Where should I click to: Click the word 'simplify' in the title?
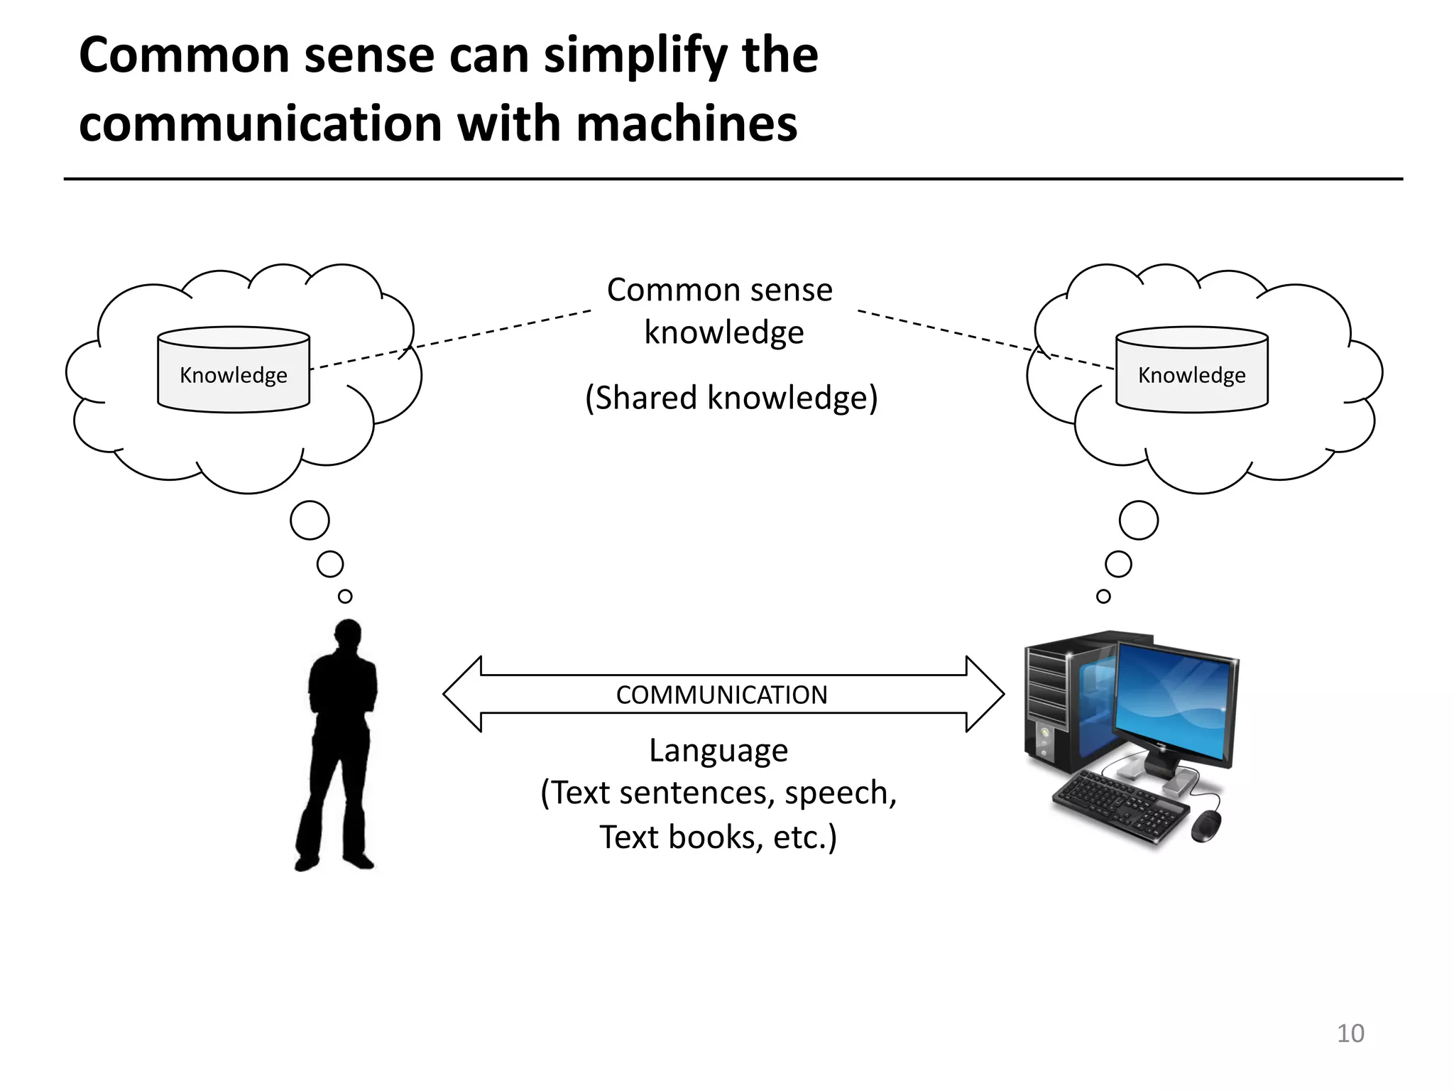(x=632, y=55)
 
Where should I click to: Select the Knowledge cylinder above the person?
(x=234, y=370)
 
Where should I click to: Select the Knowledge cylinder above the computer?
(x=1191, y=370)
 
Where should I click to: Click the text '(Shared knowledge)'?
(x=731, y=398)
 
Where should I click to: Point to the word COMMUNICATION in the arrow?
(x=721, y=695)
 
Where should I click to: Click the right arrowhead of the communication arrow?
(x=985, y=694)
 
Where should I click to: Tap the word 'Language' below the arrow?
(x=718, y=750)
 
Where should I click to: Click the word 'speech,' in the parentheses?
(x=841, y=793)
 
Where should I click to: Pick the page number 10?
(x=1350, y=1033)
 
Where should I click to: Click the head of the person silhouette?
(x=348, y=635)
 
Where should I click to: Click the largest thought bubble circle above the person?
(x=310, y=521)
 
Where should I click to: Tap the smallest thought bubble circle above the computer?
(x=1103, y=596)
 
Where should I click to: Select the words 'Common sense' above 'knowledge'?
(x=719, y=290)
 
